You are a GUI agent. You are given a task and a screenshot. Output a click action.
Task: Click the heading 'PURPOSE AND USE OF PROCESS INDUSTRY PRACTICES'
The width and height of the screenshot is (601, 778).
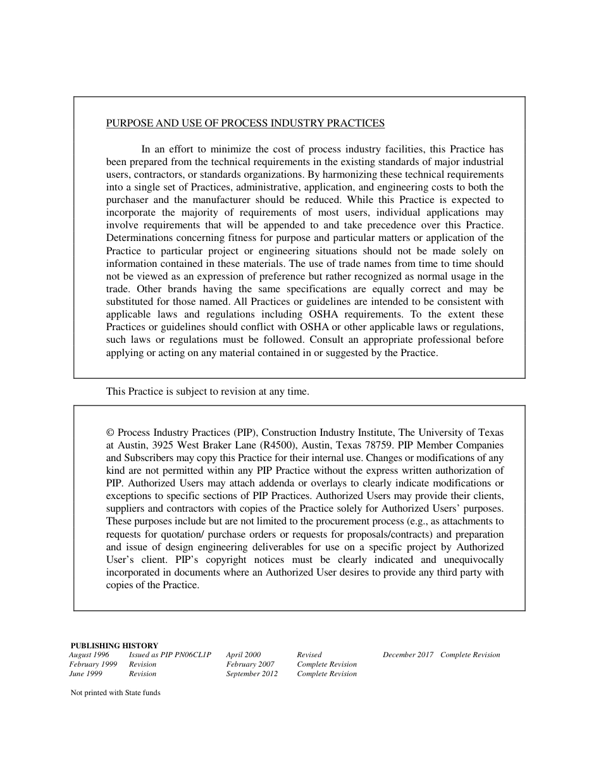coord(245,123)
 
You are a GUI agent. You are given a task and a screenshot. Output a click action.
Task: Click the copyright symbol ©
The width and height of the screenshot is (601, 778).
coord(110,433)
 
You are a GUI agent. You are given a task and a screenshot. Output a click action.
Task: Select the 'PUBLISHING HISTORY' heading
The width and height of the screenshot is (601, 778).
coord(115,646)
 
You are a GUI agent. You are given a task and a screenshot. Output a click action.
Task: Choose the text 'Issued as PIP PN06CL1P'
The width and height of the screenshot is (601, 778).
coord(170,655)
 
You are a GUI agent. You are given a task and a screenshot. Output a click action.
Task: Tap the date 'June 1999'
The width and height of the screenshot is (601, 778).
coord(85,674)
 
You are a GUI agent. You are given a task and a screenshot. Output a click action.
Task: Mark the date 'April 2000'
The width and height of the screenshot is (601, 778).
coord(244,655)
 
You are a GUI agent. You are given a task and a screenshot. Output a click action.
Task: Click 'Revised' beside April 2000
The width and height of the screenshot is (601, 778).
coord(309,655)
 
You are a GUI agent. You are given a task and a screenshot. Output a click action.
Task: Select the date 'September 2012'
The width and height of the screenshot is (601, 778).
coord(252,674)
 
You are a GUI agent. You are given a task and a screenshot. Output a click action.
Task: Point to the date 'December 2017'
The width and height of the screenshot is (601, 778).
coord(408,655)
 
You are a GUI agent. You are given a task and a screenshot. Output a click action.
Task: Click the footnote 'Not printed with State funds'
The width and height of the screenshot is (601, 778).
coord(115,693)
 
